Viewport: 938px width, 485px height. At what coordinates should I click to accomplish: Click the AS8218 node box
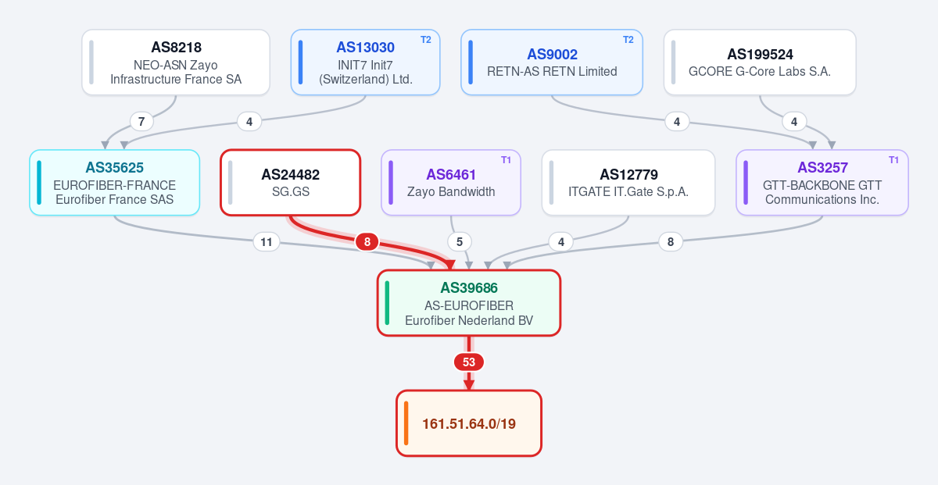[x=176, y=62]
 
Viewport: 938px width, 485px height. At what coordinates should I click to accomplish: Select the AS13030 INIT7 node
[x=365, y=62]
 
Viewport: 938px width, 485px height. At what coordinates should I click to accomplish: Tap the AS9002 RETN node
[x=552, y=62]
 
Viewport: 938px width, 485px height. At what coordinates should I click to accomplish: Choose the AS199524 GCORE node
[x=760, y=62]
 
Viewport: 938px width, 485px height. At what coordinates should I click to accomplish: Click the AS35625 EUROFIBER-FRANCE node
[x=114, y=183]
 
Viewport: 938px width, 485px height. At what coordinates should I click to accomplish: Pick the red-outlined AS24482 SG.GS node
[x=290, y=183]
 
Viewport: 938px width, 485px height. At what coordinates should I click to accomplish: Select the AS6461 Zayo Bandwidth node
[x=451, y=183]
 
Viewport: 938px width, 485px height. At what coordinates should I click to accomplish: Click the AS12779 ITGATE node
[x=628, y=183]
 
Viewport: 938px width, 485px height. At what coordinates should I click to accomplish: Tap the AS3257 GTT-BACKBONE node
[x=822, y=183]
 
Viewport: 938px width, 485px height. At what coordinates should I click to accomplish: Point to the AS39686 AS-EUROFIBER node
[x=468, y=303]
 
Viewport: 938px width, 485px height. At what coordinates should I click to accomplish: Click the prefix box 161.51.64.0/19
[x=468, y=423]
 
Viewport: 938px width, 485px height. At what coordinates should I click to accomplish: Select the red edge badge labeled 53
[x=468, y=362]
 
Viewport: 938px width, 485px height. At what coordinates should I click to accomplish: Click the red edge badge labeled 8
[x=367, y=242]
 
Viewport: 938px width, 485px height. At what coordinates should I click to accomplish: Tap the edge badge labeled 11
[x=267, y=242]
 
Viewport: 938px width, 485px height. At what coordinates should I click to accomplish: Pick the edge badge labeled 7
[x=141, y=122]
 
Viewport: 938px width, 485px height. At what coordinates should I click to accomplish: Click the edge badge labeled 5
[x=460, y=242]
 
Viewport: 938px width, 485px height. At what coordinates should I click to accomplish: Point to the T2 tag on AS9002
[x=628, y=40]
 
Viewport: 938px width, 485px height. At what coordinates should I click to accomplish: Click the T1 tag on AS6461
[x=506, y=160]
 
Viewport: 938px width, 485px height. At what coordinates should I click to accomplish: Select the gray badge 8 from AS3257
[x=671, y=242]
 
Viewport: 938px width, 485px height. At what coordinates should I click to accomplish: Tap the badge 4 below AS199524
[x=794, y=122]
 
